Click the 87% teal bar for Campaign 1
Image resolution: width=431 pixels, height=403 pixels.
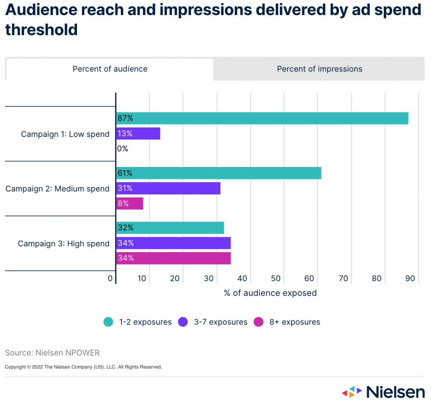click(262, 118)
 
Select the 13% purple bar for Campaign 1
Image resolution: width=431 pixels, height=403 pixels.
click(138, 134)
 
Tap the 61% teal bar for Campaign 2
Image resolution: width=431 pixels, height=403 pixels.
click(219, 173)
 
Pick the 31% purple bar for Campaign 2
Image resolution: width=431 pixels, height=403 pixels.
click(168, 188)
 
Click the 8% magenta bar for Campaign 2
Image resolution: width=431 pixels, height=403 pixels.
click(130, 204)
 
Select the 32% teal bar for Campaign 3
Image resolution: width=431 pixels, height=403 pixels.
click(170, 228)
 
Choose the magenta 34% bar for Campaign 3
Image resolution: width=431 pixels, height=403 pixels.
click(173, 258)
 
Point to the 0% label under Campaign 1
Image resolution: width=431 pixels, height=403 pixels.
click(122, 149)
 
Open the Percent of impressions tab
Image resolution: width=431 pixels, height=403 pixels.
click(319, 69)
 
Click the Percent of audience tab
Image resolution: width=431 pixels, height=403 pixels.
click(110, 69)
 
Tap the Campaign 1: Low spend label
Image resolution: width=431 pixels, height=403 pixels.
click(65, 134)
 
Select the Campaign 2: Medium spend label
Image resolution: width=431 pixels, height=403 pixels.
click(57, 189)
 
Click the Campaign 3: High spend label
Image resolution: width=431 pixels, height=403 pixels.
click(64, 244)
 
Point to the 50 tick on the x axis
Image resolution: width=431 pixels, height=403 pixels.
click(276, 278)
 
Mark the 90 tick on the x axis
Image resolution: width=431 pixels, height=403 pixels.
click(410, 278)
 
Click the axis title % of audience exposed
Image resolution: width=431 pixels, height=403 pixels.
click(270, 293)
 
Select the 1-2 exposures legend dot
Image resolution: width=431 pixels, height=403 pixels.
click(108, 322)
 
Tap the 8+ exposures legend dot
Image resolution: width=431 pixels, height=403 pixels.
click(259, 322)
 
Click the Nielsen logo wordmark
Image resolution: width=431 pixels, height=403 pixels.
click(395, 392)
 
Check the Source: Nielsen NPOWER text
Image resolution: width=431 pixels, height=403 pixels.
click(52, 353)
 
